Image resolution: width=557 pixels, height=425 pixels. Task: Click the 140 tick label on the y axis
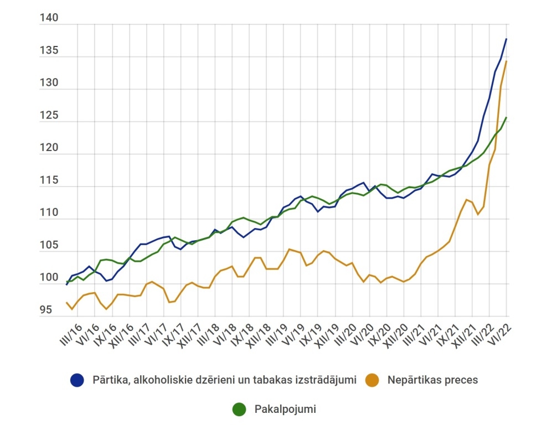pyautogui.click(x=49, y=18)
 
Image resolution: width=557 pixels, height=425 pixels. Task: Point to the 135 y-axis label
pyautogui.click(x=49, y=51)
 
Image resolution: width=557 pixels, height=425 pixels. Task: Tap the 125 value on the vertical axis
pyautogui.click(x=49, y=116)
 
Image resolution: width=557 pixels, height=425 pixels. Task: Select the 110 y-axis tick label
pyautogui.click(x=49, y=213)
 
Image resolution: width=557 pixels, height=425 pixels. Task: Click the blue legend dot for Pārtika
pyautogui.click(x=77, y=380)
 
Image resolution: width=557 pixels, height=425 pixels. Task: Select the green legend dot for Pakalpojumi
pyautogui.click(x=239, y=410)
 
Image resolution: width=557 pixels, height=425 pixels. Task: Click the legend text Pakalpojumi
pyautogui.click(x=285, y=410)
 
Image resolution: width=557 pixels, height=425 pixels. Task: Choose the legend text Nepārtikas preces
pyautogui.click(x=432, y=380)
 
